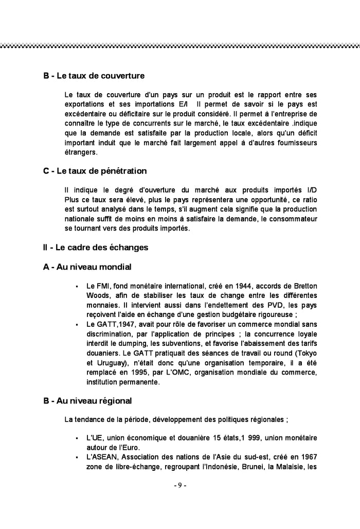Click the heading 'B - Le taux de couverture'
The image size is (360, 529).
[x=94, y=76]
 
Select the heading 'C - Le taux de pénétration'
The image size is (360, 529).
[x=95, y=171]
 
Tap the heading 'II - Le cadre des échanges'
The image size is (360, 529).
[x=96, y=248]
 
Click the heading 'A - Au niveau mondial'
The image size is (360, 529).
[x=87, y=267]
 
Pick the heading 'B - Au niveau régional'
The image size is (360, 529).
[x=87, y=400]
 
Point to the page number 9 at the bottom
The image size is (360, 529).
[x=180, y=485]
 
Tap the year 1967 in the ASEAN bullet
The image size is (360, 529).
[x=307, y=457]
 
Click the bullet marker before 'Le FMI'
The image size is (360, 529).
[x=76, y=286]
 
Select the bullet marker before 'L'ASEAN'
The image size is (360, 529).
[x=76, y=458]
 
